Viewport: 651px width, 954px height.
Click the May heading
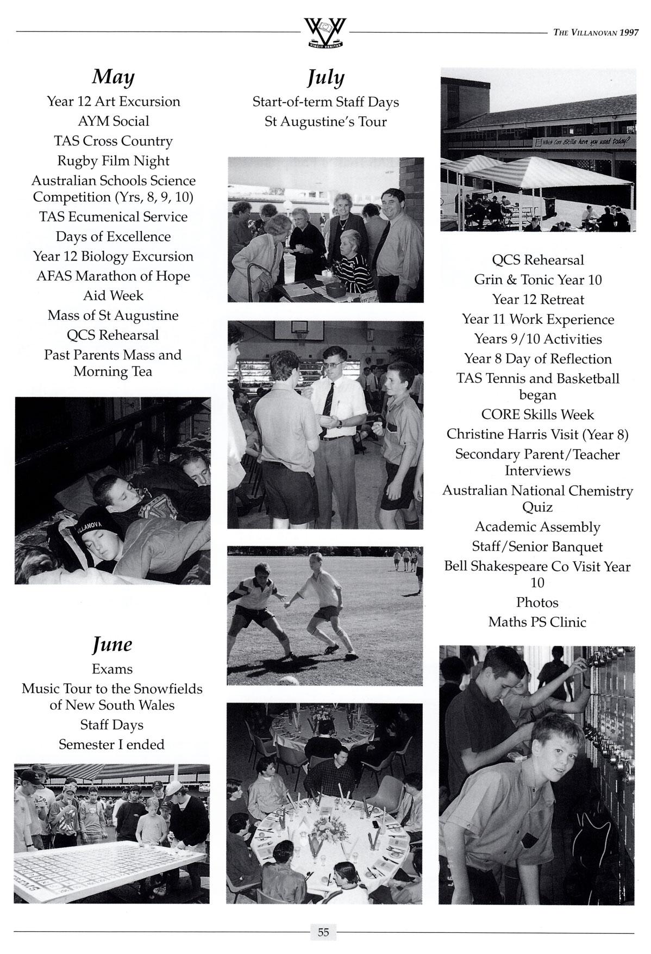pyautogui.click(x=113, y=77)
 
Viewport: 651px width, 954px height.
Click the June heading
pyautogui.click(x=112, y=645)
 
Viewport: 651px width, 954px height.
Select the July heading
pyautogui.click(x=326, y=78)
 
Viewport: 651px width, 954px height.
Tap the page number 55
pyautogui.click(x=323, y=932)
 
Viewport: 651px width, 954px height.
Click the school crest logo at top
pyautogui.click(x=325, y=32)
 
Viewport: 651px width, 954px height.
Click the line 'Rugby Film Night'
pyautogui.click(x=113, y=161)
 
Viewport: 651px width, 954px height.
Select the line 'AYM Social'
pyautogui.click(x=113, y=121)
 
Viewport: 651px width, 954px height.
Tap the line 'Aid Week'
pyautogui.click(x=113, y=296)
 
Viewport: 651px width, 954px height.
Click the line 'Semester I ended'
pyautogui.click(x=112, y=745)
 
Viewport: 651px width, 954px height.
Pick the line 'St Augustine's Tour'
pyautogui.click(x=326, y=122)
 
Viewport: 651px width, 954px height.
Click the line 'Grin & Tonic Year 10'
pyautogui.click(x=537, y=280)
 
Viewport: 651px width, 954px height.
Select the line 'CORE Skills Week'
pyautogui.click(x=537, y=415)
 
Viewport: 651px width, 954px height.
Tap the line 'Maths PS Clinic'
pyautogui.click(x=537, y=622)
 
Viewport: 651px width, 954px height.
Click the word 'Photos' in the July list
pyautogui.click(x=537, y=603)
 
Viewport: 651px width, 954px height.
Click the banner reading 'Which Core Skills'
pyautogui.click(x=581, y=143)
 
